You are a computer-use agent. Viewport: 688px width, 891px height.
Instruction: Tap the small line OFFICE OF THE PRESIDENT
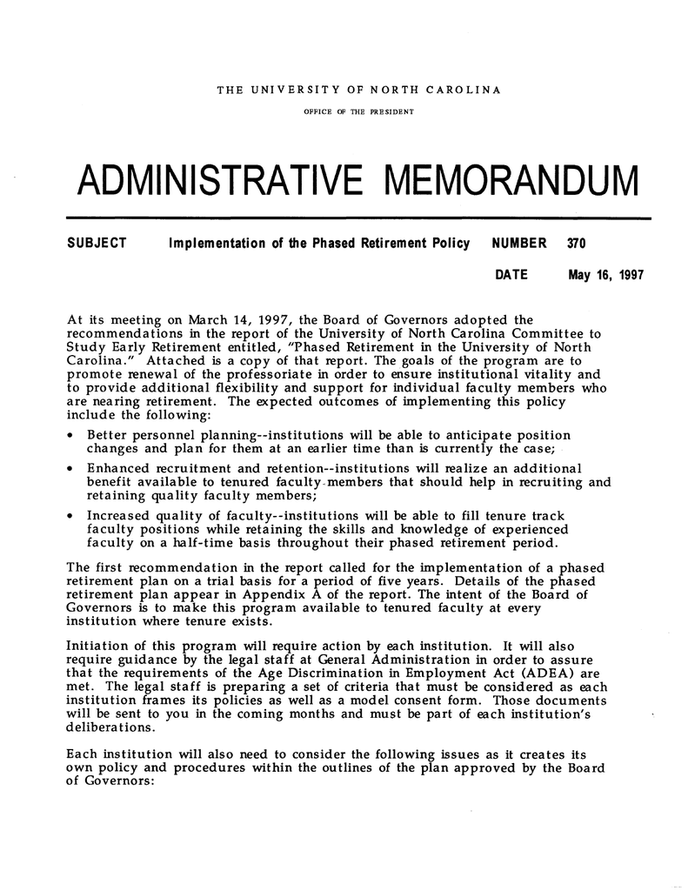[357, 112]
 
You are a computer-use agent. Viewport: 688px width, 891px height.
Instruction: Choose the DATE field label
[511, 276]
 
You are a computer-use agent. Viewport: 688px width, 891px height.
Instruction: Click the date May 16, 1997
[605, 276]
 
